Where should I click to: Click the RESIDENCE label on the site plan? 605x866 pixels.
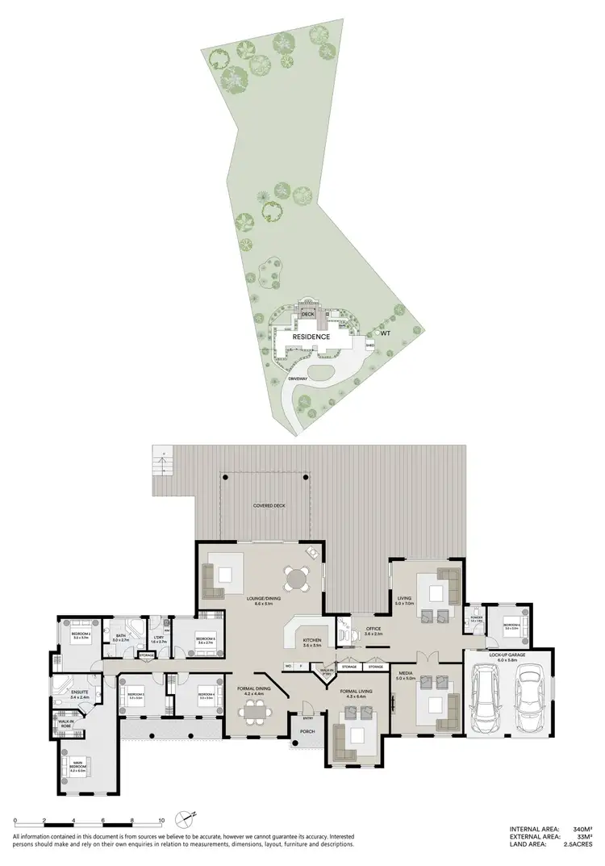pos(311,337)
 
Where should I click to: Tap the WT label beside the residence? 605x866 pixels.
pos(386,333)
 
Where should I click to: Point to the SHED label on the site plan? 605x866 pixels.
pos(370,345)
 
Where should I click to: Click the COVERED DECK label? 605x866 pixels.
pos(269,506)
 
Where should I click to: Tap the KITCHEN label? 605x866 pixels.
pos(312,642)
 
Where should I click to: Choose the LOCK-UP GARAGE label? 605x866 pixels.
pos(512,657)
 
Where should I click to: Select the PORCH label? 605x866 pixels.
pos(307,733)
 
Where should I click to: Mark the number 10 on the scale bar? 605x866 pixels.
pos(162,821)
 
